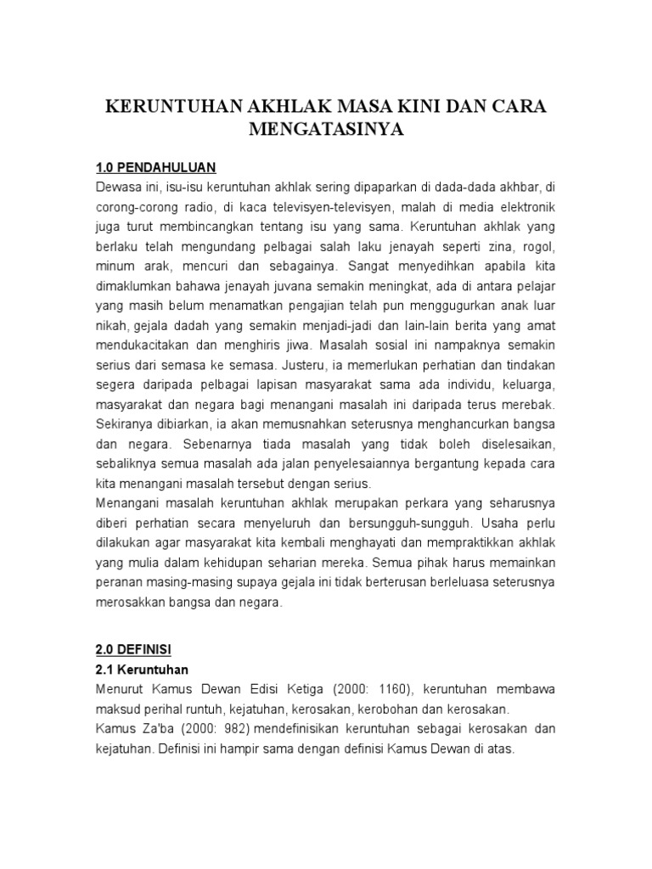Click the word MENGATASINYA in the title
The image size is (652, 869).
[x=325, y=130]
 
